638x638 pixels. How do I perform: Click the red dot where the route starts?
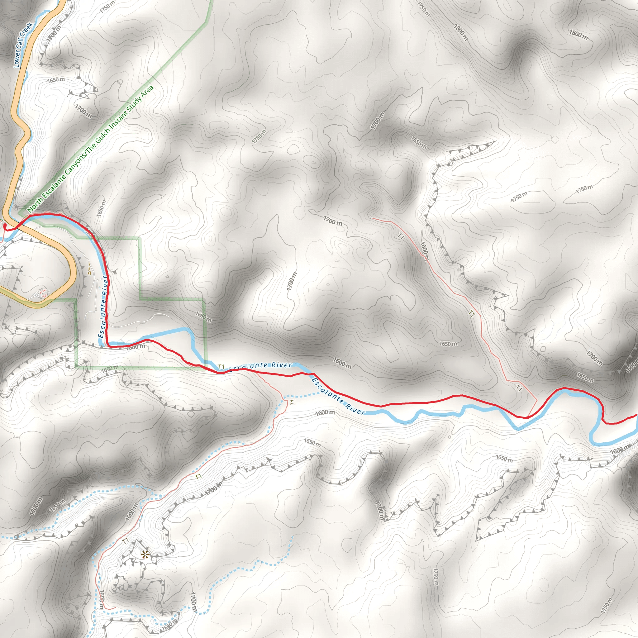(x=5, y=226)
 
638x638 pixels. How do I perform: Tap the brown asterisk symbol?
(x=145, y=555)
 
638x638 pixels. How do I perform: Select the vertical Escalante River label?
(x=103, y=307)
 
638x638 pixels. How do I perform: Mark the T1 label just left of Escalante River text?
(x=221, y=367)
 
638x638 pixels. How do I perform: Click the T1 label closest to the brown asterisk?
(x=125, y=541)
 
